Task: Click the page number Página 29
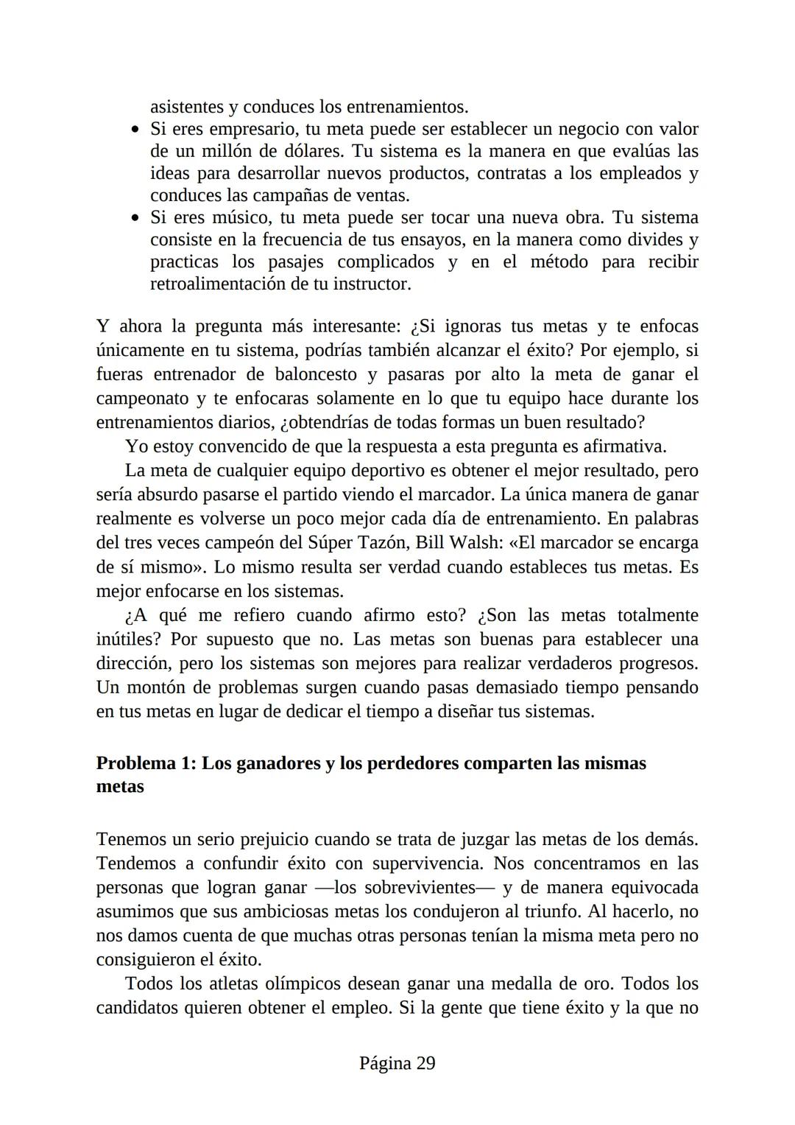click(397, 1063)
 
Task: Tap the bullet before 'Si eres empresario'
click(135, 130)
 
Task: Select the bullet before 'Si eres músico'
click(135, 218)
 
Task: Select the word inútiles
click(128, 639)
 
